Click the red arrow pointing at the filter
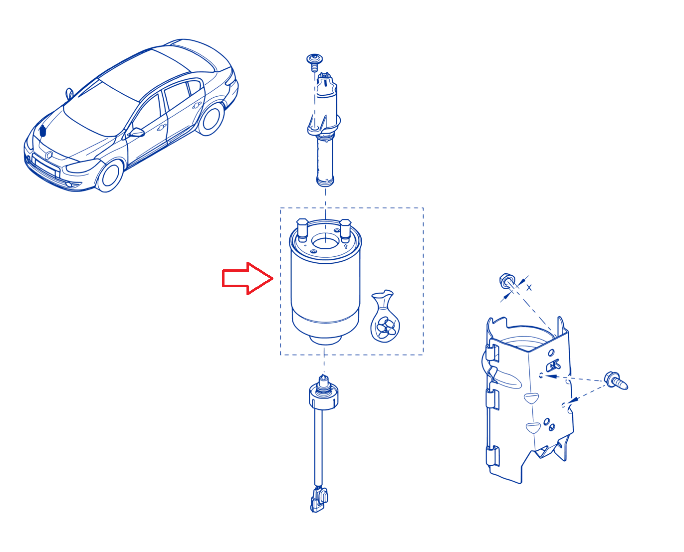pos(247,279)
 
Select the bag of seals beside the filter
pos(385,317)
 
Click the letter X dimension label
pos(529,288)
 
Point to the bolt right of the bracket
pos(616,380)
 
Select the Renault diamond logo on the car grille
pos(49,156)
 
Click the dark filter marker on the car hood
pos(42,131)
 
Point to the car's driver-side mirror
pos(137,132)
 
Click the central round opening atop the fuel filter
pos(325,241)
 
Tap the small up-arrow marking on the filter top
pos(346,246)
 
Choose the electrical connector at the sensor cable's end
pos(319,500)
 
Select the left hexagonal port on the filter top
pos(302,230)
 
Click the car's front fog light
pos(69,184)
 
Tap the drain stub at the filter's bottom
pos(325,340)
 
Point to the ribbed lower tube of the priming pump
pos(325,161)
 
